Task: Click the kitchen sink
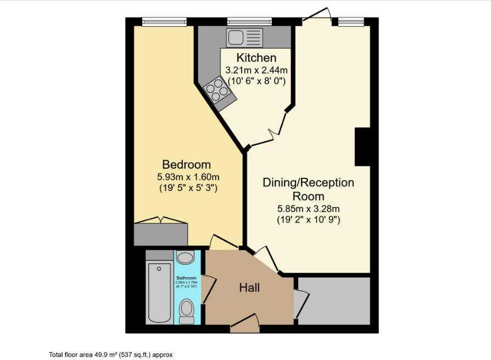[245, 38]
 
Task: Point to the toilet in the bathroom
[187, 310]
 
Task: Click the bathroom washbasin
[186, 257]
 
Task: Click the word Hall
[249, 288]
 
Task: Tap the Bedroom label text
[187, 165]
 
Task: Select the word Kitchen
[256, 58]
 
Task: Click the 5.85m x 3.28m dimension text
[308, 209]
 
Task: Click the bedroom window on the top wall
[158, 22]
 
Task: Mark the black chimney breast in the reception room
[363, 147]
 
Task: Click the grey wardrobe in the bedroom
[161, 234]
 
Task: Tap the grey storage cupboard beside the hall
[334, 301]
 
